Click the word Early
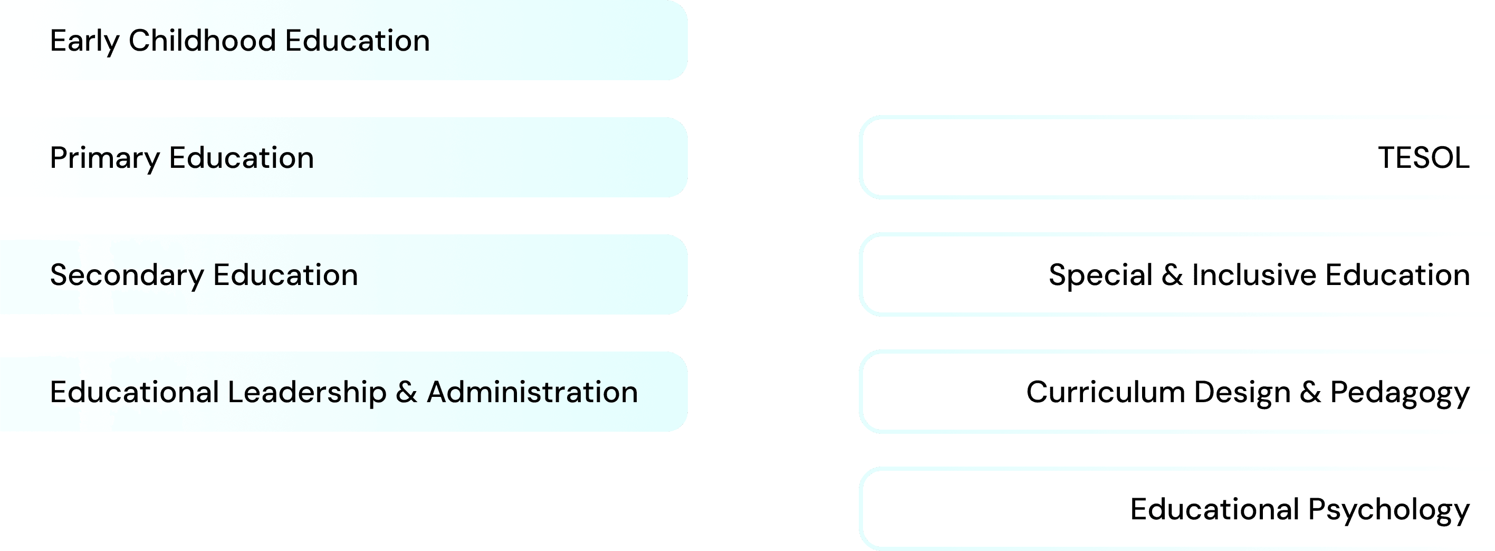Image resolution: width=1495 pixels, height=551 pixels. (84, 41)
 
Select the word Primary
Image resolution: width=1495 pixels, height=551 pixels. (104, 158)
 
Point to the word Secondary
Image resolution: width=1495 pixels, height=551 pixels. (127, 275)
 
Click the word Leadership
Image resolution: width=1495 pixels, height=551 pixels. (307, 392)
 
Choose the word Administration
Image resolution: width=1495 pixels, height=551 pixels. (532, 392)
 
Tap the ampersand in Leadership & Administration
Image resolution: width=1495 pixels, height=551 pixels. (406, 392)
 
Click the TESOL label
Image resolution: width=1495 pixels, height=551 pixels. (1424, 158)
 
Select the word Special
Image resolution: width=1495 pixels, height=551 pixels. (1100, 275)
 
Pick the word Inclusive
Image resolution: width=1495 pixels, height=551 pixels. (1253, 275)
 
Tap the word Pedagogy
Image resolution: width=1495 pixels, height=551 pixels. (1400, 393)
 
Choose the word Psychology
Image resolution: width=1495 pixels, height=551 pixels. (1389, 510)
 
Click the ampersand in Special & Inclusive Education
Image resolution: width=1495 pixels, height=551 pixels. (1172, 275)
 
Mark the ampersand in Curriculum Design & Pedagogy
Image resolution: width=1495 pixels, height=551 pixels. (1310, 392)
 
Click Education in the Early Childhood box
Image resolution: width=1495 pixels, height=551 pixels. (357, 41)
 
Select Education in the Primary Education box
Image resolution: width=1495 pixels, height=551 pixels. (242, 158)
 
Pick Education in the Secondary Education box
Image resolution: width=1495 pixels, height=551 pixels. (285, 275)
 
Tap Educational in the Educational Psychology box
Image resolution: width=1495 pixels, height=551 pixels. (1215, 509)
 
